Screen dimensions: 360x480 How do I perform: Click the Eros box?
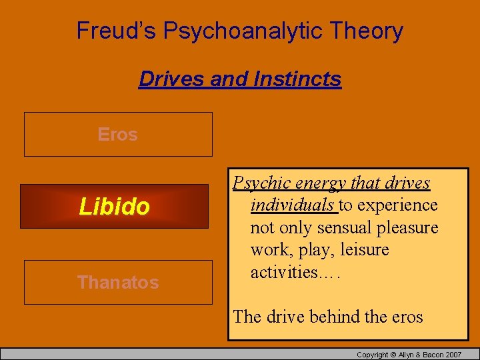[x=118, y=135]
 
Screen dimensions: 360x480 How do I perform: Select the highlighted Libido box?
[x=114, y=207]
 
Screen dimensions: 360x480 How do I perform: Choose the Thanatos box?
[x=118, y=283]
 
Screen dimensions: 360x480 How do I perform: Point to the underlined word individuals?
[x=293, y=205]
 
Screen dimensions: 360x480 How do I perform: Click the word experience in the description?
[x=397, y=205]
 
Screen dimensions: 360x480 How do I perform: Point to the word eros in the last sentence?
[x=405, y=317]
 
